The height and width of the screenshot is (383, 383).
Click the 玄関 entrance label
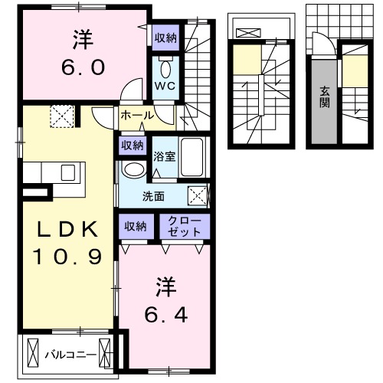tap(325, 96)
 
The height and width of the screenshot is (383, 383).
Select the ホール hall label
tap(136, 115)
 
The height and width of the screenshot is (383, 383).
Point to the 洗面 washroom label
tap(152, 196)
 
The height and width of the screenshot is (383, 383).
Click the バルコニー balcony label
tap(70, 355)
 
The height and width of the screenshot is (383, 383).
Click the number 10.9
tap(67, 257)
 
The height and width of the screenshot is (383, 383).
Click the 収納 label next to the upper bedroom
tap(165, 37)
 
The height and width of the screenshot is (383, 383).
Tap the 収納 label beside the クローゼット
tap(136, 226)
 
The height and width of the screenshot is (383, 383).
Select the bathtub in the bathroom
tap(192, 157)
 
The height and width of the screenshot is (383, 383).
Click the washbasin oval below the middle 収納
tap(134, 169)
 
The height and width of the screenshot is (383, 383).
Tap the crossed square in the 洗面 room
tap(198, 195)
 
